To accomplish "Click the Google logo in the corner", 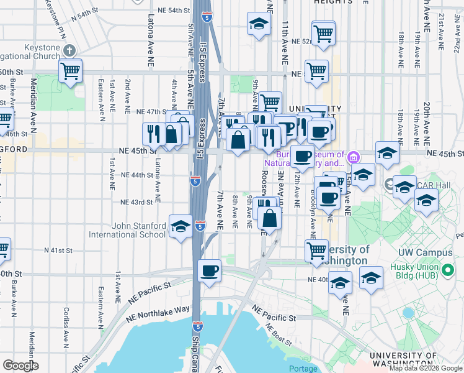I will (x=20, y=366).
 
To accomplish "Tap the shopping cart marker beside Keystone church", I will (x=70, y=71).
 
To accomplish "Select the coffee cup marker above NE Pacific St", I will (x=209, y=271).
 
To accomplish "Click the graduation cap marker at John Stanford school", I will (x=181, y=226).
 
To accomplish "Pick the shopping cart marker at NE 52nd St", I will (x=323, y=34).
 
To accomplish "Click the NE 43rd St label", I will (x=137, y=202).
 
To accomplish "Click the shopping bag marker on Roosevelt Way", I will (x=270, y=219).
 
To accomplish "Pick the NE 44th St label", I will (x=137, y=175).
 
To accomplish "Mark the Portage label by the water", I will (x=303, y=369).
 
